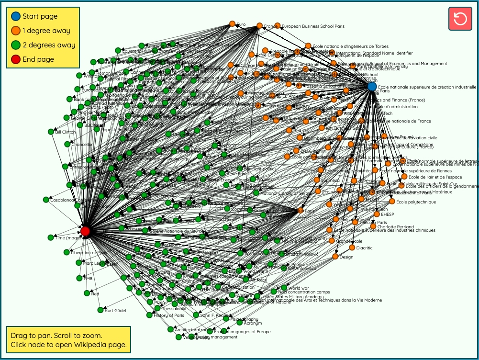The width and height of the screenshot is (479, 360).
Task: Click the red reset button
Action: [460, 19]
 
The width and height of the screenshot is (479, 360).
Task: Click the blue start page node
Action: [372, 87]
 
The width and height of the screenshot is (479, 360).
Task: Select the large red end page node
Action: [85, 232]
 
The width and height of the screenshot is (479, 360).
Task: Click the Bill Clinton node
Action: [51, 132]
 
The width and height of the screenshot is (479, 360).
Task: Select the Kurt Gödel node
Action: [100, 310]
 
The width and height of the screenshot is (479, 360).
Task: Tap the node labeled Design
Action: [335, 257]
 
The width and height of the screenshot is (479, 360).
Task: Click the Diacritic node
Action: [352, 247]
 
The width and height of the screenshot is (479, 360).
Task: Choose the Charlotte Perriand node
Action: [373, 226]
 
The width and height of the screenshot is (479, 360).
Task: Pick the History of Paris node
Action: [149, 315]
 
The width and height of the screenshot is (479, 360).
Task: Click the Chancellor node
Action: [67, 144]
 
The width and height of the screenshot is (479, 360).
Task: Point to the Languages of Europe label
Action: [249, 332]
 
